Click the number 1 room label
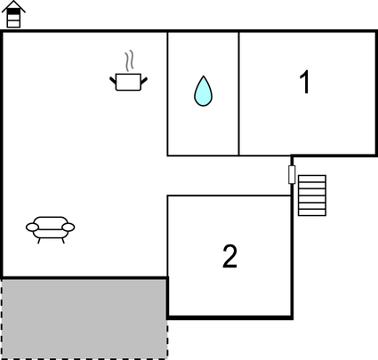(304, 82)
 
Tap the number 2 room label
(229, 256)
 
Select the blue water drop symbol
(203, 91)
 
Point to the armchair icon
(51, 230)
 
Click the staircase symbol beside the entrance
(312, 196)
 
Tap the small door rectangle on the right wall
(292, 174)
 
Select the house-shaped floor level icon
(13, 14)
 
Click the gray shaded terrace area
(84, 318)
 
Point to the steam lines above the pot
(129, 61)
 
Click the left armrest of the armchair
(32, 228)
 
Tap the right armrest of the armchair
(68, 228)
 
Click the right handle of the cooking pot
(144, 80)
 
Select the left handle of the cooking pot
(113, 80)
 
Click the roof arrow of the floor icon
(13, 6)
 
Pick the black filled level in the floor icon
(13, 11)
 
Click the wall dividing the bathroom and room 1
(239, 93)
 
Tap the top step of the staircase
(312, 179)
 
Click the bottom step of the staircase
(312, 212)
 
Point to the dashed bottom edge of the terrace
(84, 358)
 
